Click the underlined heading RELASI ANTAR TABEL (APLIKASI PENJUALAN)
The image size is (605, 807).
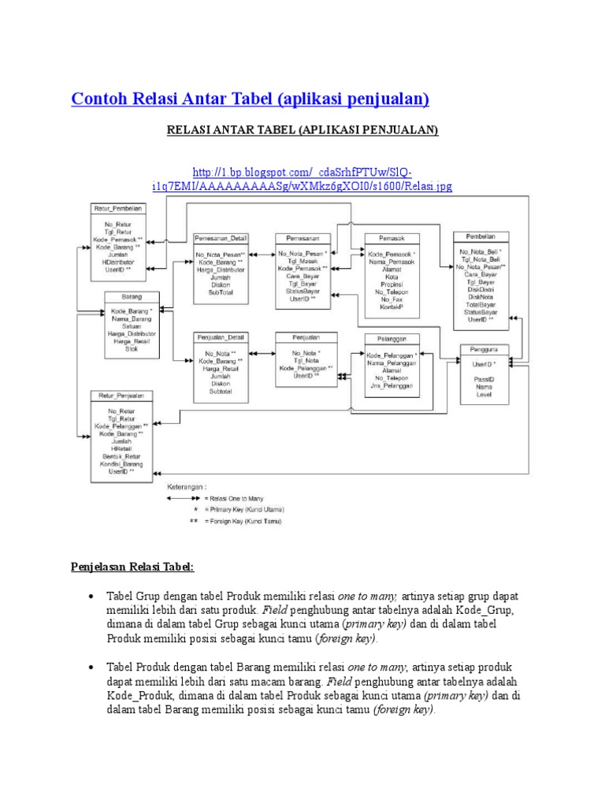coord(302,130)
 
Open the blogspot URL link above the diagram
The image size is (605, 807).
coord(302,179)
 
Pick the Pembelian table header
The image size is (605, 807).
coord(481,236)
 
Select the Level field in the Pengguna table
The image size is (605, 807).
coord(483,394)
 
